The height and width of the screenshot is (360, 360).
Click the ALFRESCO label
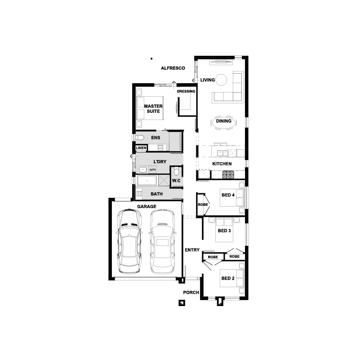click(x=173, y=68)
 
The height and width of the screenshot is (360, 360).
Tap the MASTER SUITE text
click(x=153, y=109)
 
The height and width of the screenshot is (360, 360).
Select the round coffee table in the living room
click(x=221, y=80)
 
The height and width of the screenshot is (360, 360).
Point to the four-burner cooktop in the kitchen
click(x=228, y=174)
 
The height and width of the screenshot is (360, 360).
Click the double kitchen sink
click(x=222, y=153)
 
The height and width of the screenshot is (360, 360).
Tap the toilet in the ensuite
click(x=140, y=138)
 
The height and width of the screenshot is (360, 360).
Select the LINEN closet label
click(x=141, y=148)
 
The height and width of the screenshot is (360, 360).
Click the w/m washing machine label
click(x=153, y=170)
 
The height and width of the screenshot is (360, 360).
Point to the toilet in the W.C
click(x=176, y=171)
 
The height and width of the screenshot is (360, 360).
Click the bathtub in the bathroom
click(x=147, y=181)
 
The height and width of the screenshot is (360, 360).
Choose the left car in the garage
click(x=129, y=241)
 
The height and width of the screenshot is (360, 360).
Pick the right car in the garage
click(x=163, y=241)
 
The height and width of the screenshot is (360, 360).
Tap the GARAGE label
click(x=147, y=207)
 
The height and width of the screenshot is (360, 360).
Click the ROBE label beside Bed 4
click(x=203, y=204)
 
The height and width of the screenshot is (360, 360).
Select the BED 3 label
click(x=224, y=231)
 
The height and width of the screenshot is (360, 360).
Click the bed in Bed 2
click(x=232, y=278)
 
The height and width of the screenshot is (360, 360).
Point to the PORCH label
click(x=191, y=293)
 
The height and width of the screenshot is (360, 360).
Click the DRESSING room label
click(x=186, y=91)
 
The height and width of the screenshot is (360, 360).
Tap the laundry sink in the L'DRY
click(x=142, y=170)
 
